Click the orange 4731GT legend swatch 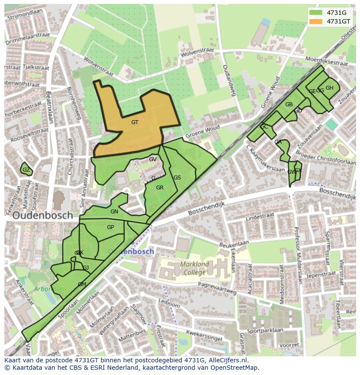[316, 21]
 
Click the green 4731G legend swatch [316, 13]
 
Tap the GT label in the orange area [135, 122]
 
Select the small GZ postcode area [27, 170]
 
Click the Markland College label [194, 268]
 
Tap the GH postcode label [330, 88]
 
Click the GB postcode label [289, 105]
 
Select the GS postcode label [177, 178]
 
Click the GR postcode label [160, 188]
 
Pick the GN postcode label [114, 212]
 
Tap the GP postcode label [110, 227]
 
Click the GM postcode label [82, 284]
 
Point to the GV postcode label [153, 159]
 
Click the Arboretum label [50, 289]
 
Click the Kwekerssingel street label [204, 334]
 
